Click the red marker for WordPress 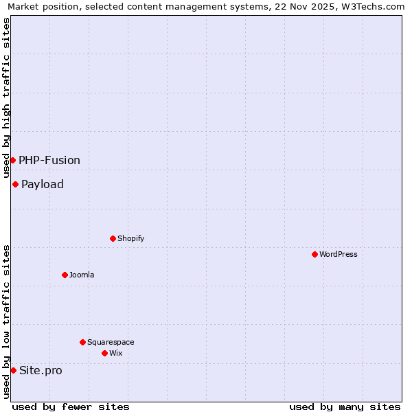pos(314,254)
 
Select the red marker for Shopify pos(113,238)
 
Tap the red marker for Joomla pos(65,275)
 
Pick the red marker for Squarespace pos(82,342)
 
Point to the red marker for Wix pos(104,353)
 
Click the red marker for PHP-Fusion pos(12,160)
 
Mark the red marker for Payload pos(15,184)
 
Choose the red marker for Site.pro pos(13,370)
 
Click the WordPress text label pos(339,254)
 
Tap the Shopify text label pos(130,238)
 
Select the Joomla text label pos(82,275)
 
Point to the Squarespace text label pos(111,342)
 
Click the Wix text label pos(115,353)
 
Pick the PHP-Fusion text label pos(49,160)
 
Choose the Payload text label pos(43,184)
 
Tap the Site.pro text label pos(41,370)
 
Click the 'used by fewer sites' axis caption pos(71,407)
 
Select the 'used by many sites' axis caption pos(345,407)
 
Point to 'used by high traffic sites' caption pos(6,98)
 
